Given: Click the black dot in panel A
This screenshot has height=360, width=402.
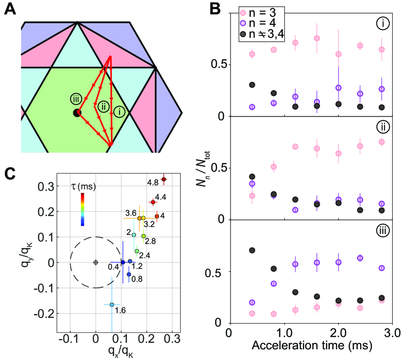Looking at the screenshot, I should [77, 113].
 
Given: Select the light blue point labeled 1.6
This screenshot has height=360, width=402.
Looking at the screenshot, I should [112, 305].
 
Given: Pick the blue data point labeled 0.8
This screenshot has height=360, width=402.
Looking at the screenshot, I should [129, 274].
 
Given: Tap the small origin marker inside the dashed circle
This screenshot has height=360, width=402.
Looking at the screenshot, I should [95, 262].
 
